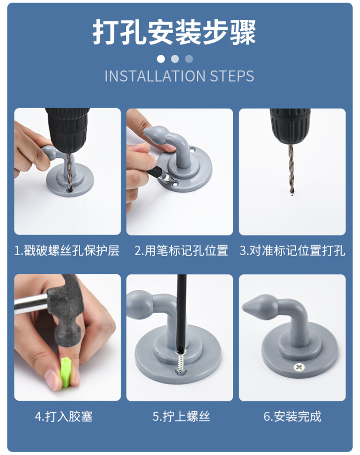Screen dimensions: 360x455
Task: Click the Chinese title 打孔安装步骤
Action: point(174,32)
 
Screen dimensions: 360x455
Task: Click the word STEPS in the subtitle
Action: point(232,76)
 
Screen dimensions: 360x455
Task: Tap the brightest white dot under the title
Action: point(161,59)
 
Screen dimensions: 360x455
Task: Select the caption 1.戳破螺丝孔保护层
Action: point(67,251)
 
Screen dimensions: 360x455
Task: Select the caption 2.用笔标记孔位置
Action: point(181,251)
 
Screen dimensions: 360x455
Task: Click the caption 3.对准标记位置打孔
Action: point(292,251)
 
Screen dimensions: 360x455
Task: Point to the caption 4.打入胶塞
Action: point(63,417)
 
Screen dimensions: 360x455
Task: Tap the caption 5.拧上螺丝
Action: point(181,417)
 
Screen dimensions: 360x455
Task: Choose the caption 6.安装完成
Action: point(292,417)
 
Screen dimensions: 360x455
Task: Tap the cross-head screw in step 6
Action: point(299,368)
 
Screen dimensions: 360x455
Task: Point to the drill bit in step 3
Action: point(291,169)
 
